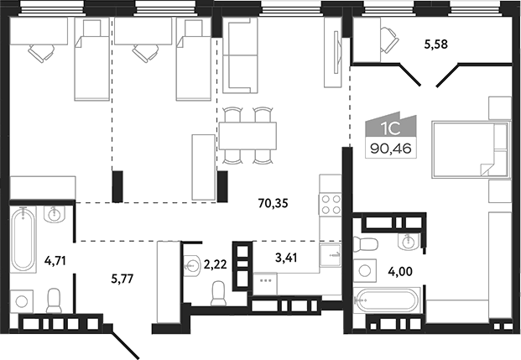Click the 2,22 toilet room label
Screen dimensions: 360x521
point(215,264)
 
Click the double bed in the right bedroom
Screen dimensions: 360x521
point(471,149)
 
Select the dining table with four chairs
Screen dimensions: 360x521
point(248,133)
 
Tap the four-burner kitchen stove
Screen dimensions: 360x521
point(330,204)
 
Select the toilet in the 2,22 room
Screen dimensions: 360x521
point(217,293)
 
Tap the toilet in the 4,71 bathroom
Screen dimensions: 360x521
point(55,300)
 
